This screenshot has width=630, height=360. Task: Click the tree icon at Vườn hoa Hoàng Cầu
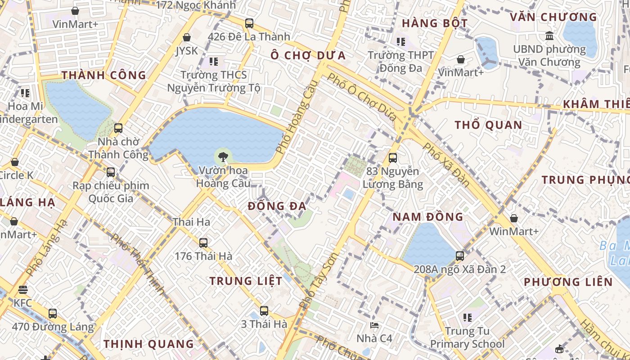pyautogui.click(x=222, y=157)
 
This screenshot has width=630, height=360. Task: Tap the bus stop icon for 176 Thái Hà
pyautogui.click(x=203, y=243)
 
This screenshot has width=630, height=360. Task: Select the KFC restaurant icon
pyautogui.click(x=23, y=290)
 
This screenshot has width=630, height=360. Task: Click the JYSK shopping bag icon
pyautogui.click(x=187, y=37)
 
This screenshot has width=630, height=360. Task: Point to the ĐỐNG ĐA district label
pyautogui.click(x=277, y=206)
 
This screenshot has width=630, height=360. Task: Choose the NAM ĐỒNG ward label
pyautogui.click(x=427, y=216)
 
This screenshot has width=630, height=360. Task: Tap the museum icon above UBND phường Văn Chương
pyautogui.click(x=549, y=36)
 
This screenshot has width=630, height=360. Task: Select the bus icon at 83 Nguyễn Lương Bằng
pyautogui.click(x=392, y=158)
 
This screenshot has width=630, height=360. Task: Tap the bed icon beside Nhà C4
pyautogui.click(x=374, y=325)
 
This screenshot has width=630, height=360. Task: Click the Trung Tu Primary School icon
pyautogui.click(x=467, y=318)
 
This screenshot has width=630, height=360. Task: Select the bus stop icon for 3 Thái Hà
pyautogui.click(x=264, y=310)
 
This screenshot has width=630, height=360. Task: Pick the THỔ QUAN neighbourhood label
pyautogui.click(x=488, y=125)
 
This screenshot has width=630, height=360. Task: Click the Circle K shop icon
pyautogui.click(x=15, y=162)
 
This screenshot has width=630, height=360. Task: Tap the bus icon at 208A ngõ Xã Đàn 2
pyautogui.click(x=459, y=256)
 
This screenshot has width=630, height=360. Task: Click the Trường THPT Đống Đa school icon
pyautogui.click(x=400, y=42)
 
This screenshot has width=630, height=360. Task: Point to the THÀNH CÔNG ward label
pyautogui.click(x=104, y=75)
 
